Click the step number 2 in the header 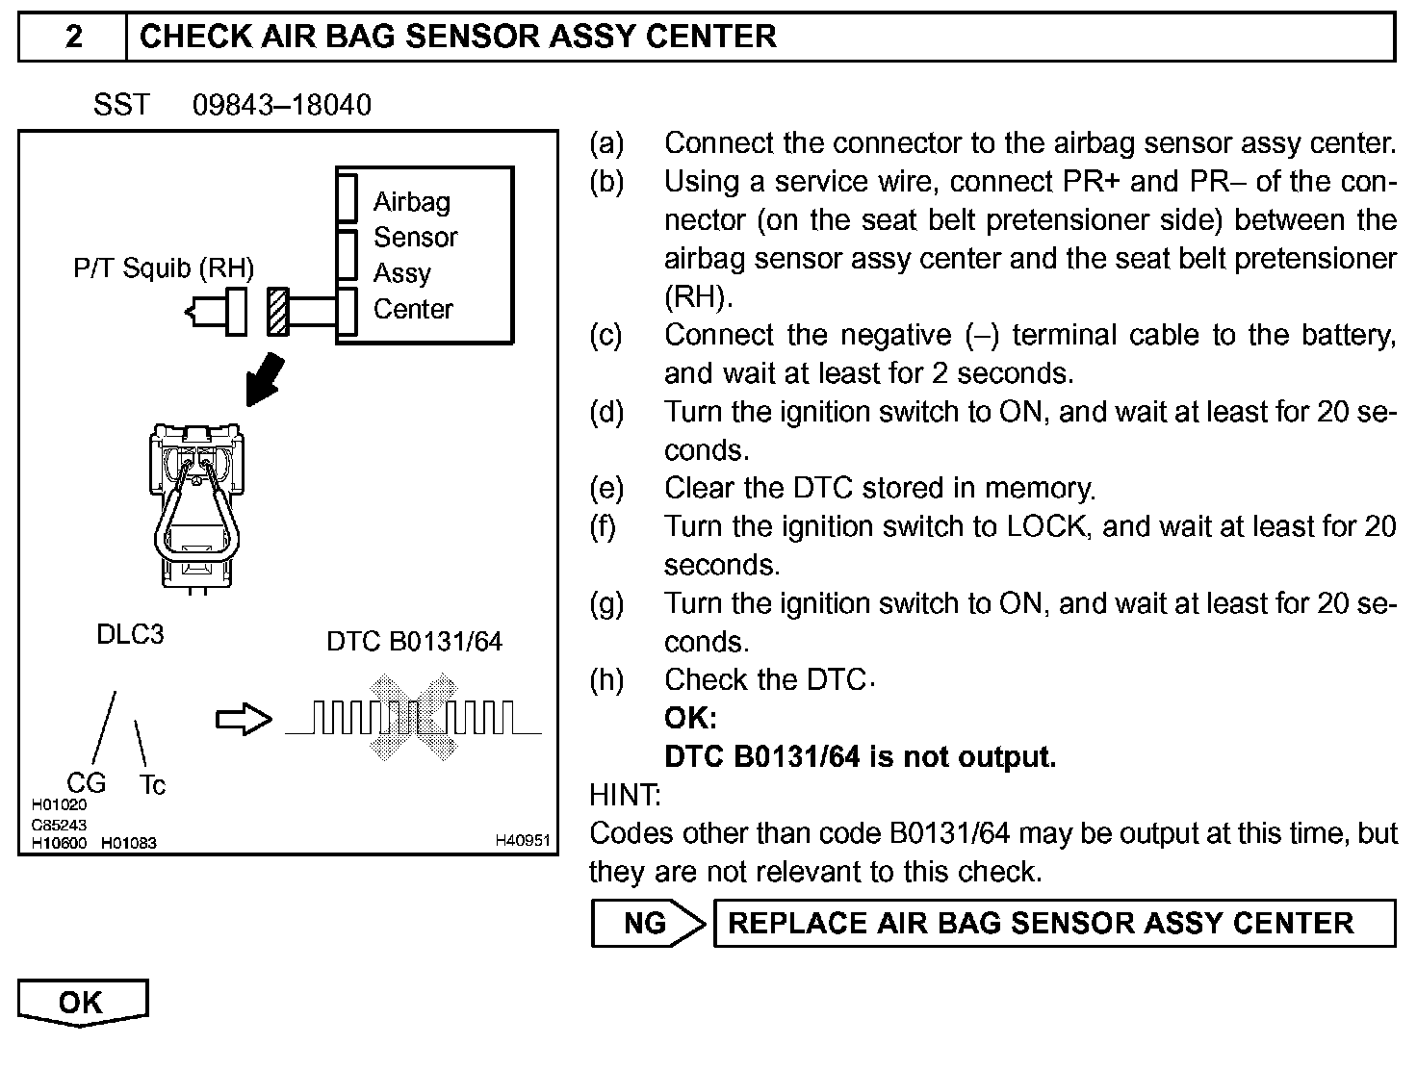tap(73, 37)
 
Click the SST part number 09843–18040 tap(281, 104)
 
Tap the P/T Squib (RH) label tap(164, 267)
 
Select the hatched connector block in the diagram tap(278, 312)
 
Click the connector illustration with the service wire tap(196, 505)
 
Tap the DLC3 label tap(130, 634)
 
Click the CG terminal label tap(86, 783)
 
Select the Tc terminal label tap(152, 785)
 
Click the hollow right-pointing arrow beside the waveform tap(244, 719)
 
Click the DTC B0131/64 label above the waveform tap(414, 641)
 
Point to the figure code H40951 tap(522, 840)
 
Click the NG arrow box tap(647, 924)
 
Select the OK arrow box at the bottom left tap(82, 1003)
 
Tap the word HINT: tap(625, 795)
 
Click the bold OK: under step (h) tap(690, 718)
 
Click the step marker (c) tap(606, 335)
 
